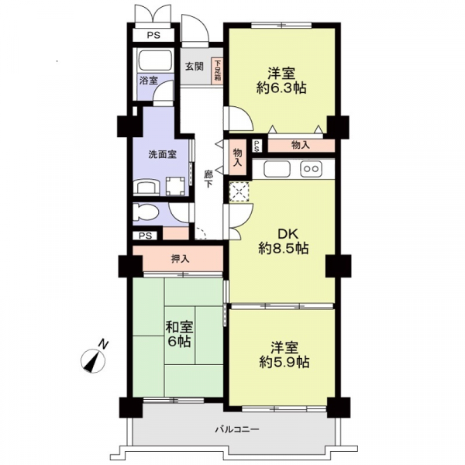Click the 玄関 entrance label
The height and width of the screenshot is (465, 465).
click(195, 67)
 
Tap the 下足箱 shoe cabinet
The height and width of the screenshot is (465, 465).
click(218, 71)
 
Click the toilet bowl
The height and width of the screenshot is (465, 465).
click(146, 213)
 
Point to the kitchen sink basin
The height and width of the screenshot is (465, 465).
click(277, 169)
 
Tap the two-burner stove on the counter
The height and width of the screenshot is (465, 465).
click(311, 169)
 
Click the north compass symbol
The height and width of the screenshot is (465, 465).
click(94, 360)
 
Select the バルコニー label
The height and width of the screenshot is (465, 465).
click(238, 429)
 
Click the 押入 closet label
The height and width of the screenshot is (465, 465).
click(180, 259)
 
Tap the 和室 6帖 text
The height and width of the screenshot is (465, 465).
click(179, 334)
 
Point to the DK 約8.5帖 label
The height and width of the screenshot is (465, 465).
click(284, 241)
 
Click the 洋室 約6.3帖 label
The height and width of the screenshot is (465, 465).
click(281, 81)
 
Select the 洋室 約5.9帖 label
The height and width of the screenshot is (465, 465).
click(284, 355)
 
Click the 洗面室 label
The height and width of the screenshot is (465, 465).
click(163, 155)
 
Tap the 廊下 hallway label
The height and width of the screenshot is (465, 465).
click(208, 178)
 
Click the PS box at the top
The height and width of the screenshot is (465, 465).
click(153, 36)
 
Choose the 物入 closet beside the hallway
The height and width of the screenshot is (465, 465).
click(238, 157)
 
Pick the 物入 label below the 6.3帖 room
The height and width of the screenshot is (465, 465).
click(301, 146)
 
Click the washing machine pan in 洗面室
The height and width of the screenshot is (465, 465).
click(176, 186)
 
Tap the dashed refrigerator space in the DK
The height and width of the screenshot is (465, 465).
click(239, 192)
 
